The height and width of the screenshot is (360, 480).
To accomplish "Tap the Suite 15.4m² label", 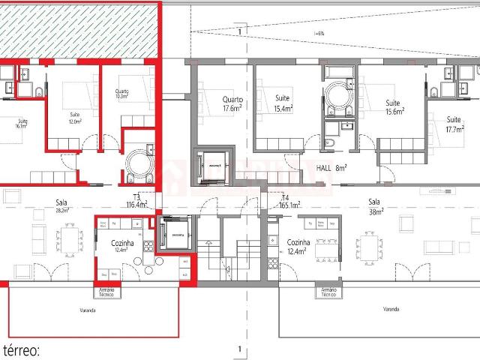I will point(283,103).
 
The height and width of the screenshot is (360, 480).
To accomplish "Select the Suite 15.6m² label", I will point(394,106).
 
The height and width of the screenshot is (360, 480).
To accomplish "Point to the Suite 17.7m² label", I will point(455,124).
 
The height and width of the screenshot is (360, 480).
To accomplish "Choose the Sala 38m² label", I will point(374,206).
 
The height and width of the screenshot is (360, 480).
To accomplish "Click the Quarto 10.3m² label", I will point(121,94).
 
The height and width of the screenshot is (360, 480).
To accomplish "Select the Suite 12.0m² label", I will point(74,118).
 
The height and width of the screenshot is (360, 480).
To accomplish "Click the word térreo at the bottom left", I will point(22,349).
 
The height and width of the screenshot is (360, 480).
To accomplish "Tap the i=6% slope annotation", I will point(319,33).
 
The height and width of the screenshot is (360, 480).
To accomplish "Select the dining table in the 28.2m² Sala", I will point(71,242).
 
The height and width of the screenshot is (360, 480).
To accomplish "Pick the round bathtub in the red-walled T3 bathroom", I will point(138,163).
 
